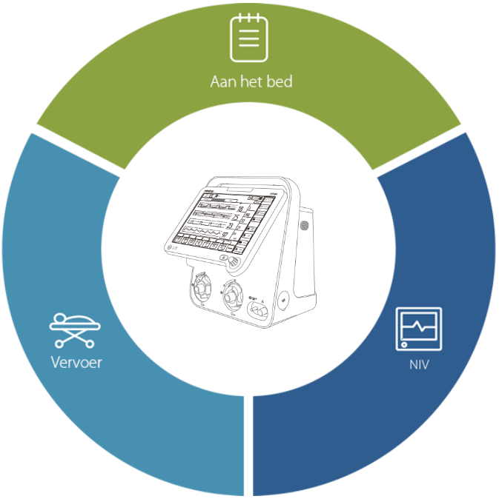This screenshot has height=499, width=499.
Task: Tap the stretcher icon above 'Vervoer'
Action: point(75,330)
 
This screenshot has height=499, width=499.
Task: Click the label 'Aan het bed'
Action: point(251,81)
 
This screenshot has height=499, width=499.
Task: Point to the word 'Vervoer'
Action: point(76,362)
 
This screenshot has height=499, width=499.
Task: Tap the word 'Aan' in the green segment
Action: point(222,81)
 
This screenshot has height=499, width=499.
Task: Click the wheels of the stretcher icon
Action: point(75,344)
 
